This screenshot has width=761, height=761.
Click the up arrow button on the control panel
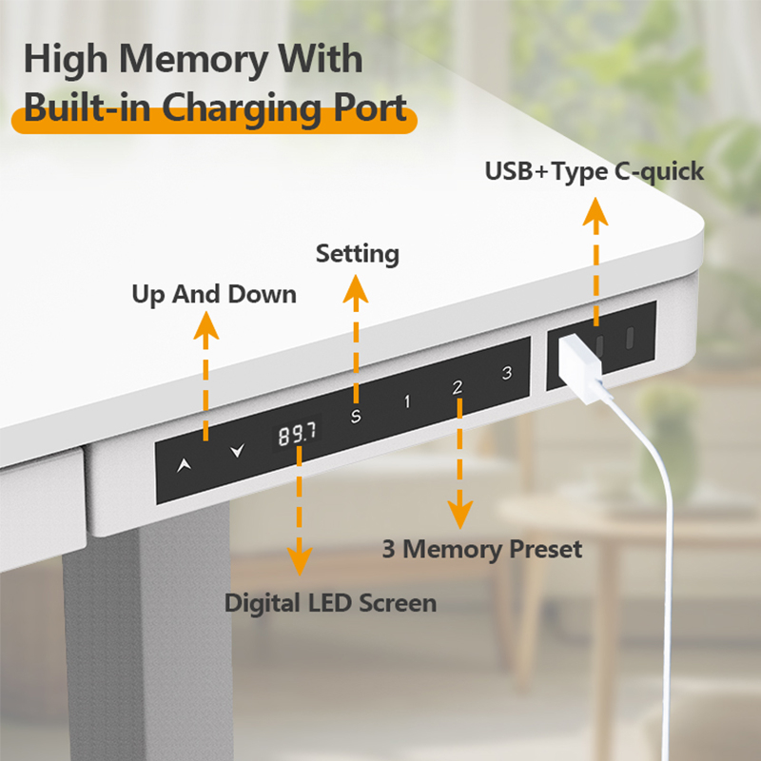(x=184, y=465)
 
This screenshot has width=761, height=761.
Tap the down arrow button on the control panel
(x=237, y=451)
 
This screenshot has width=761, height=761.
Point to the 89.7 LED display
(x=297, y=433)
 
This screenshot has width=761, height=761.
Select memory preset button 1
(x=407, y=401)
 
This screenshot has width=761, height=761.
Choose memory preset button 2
(x=458, y=387)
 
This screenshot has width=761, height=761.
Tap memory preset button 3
(x=507, y=373)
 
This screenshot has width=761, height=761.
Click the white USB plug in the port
(x=581, y=368)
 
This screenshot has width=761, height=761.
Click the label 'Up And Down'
(x=214, y=294)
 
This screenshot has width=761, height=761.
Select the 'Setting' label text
(x=358, y=254)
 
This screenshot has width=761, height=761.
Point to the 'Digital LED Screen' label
(x=330, y=603)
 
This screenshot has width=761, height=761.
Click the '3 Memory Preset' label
(x=482, y=549)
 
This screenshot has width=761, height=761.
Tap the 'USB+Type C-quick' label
(x=594, y=171)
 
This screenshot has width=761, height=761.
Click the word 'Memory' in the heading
(x=194, y=59)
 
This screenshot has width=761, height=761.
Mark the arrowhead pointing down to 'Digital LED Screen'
(x=300, y=561)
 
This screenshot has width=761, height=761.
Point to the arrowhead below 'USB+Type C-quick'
(x=595, y=211)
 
